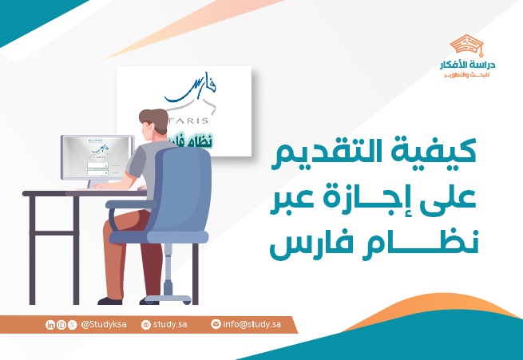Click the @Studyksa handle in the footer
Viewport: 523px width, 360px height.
coord(105,325)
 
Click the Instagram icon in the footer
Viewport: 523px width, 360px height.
coord(61,325)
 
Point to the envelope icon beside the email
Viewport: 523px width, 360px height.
coord(216,325)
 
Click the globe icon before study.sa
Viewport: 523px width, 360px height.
coord(145,325)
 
